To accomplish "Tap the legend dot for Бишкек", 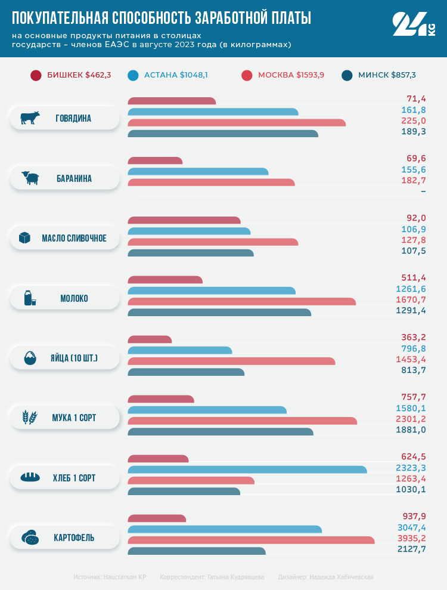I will (x=36, y=75).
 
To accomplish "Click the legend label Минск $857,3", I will (x=387, y=75).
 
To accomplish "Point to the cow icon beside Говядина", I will (x=30, y=118).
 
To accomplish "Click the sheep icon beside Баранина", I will (x=30, y=178).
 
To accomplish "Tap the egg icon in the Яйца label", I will (x=30, y=359).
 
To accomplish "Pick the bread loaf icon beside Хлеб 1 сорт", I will (x=30, y=478).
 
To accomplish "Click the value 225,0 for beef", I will (x=414, y=121).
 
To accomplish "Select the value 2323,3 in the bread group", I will (x=411, y=468).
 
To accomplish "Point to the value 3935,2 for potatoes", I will (x=411, y=539).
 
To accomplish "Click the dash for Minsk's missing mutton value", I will (x=423, y=191).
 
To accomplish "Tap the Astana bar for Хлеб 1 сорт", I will (x=247, y=469).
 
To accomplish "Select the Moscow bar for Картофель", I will (x=251, y=540).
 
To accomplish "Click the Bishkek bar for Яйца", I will (x=150, y=339).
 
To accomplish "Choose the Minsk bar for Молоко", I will (x=219, y=312).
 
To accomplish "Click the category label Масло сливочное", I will (x=74, y=239).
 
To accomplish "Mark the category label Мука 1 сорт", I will (x=74, y=418).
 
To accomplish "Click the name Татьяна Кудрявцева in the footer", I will (x=235, y=577).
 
